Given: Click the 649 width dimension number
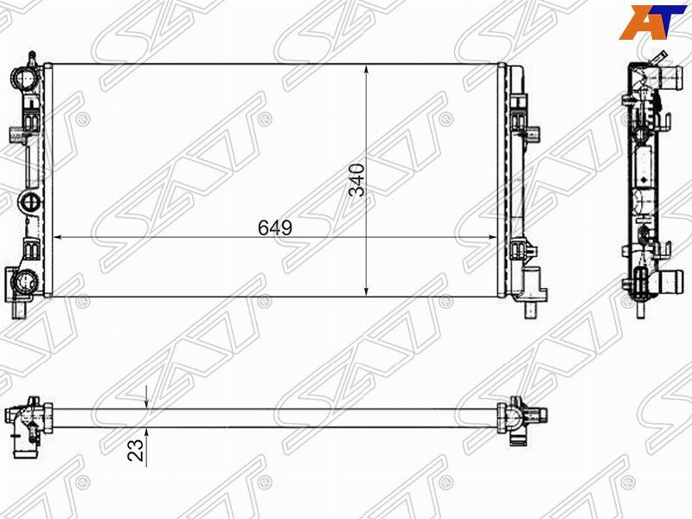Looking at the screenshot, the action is coord(275,227).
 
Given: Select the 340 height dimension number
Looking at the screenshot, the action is coord(357,180).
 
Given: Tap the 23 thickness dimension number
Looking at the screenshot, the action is coord(136,450).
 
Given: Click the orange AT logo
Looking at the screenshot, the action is coord(653,22).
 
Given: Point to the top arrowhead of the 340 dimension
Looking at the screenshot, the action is coord(366,70).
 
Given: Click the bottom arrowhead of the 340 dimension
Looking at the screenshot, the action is coord(366,291).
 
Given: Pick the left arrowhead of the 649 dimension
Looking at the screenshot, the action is coord(59,237).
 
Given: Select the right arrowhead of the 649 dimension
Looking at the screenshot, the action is coord(490,237).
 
